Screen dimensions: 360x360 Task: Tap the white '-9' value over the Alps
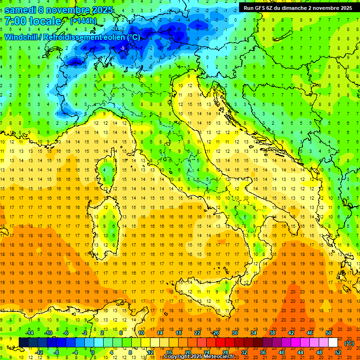pyautogui.click(x=122, y=48)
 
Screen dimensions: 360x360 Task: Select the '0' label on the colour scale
pyautogui.click(x=93, y=352)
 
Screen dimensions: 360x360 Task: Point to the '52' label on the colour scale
pyautogui.click(x=338, y=352)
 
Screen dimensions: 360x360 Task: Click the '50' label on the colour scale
pyautogui.click(x=329, y=332)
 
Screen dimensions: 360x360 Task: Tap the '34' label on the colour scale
pyautogui.click(x=254, y=332)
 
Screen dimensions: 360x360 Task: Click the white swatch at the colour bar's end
pyautogui.click(x=333, y=342)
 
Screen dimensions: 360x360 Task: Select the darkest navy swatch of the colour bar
pyautogui.click(x=24, y=342)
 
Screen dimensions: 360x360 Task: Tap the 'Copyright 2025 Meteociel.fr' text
pyautogui.click(x=202, y=357)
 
